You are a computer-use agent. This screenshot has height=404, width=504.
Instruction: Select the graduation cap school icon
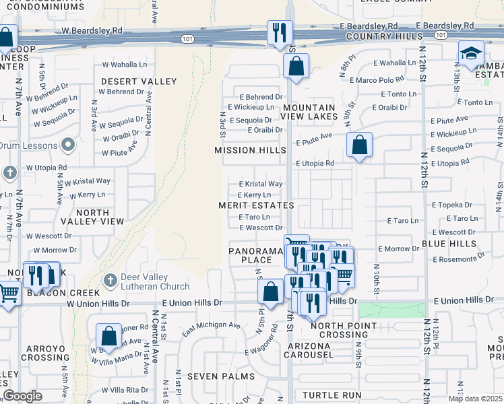pos(471,53)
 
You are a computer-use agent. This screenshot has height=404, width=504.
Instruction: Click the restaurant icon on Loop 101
pos(278,32)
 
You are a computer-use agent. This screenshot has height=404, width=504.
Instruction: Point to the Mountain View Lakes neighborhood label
pos(309,112)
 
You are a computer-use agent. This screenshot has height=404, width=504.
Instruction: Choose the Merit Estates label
pos(256,205)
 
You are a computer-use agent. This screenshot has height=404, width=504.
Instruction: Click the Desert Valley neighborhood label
pos(139,81)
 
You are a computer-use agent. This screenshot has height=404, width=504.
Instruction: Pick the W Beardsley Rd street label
pos(92,31)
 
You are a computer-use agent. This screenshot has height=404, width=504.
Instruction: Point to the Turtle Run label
pos(332,395)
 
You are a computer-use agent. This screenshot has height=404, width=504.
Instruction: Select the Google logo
pos(22,396)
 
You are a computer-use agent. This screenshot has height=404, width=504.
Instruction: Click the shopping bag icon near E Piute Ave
pos(360,145)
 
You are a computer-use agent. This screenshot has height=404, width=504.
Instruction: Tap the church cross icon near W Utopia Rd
pos(9,173)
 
